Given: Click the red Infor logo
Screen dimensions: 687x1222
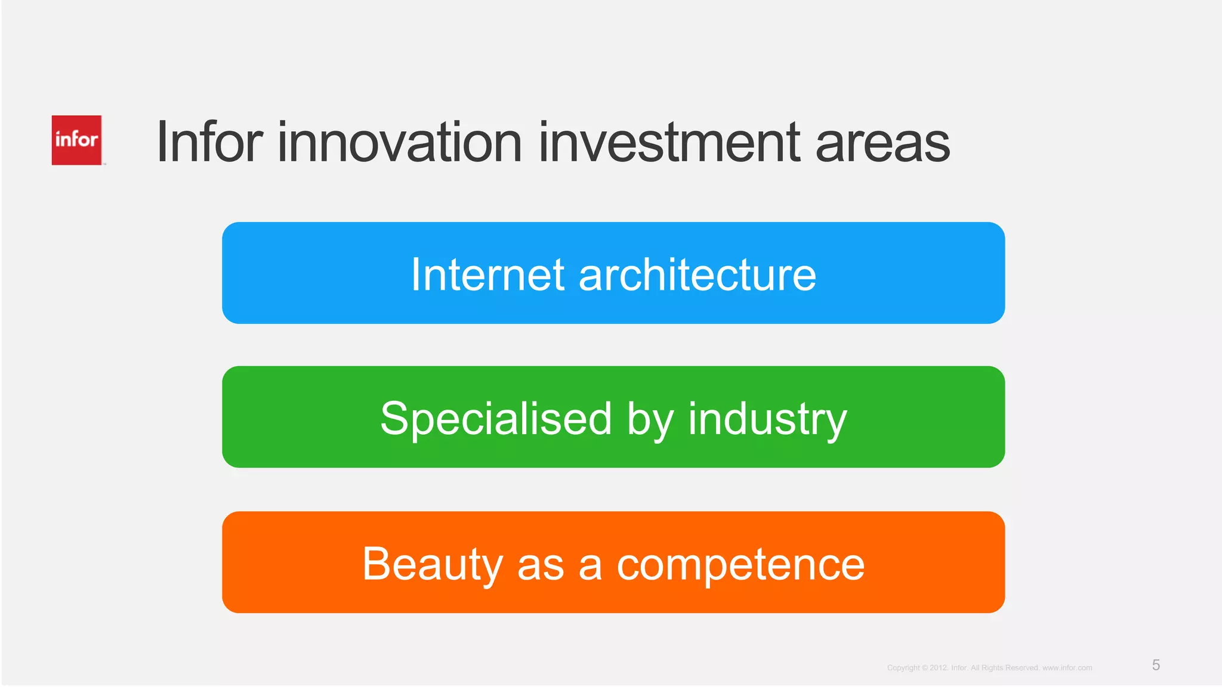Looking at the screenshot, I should (76, 140).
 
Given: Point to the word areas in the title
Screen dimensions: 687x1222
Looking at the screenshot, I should (882, 143).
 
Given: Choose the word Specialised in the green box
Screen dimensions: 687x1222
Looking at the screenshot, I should (496, 419).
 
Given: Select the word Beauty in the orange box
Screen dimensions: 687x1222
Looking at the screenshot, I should (433, 564).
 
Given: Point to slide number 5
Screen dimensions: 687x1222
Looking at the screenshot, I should (1156, 665).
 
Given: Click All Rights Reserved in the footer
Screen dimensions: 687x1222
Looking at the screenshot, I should (1005, 668).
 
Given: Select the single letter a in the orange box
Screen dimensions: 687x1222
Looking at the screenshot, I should (590, 567).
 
